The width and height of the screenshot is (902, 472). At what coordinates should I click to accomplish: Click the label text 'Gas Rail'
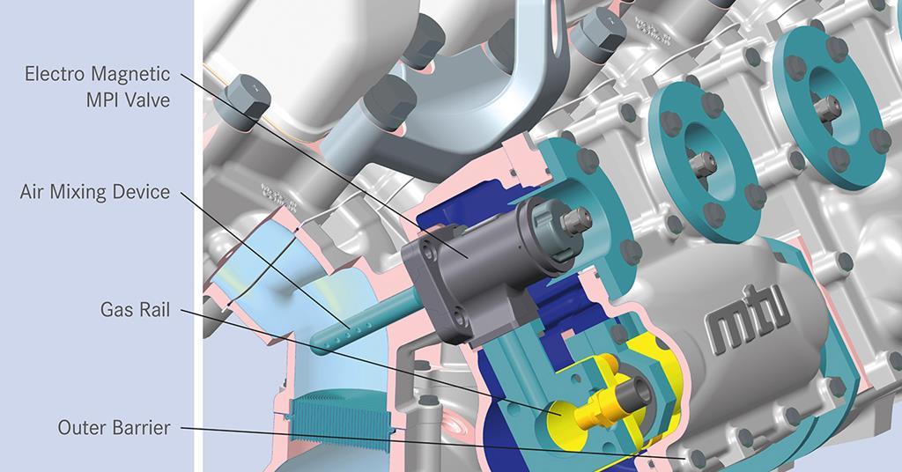(135, 309)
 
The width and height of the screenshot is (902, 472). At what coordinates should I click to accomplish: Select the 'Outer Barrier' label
(114, 428)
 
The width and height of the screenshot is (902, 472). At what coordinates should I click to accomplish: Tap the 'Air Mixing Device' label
(95, 191)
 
